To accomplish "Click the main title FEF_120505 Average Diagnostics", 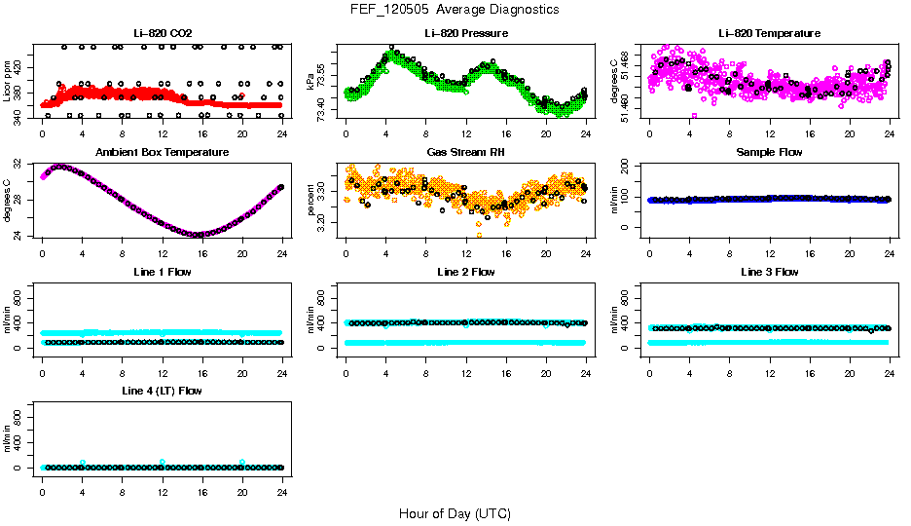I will pyautogui.click(x=455, y=9).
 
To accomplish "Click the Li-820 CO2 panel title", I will pyautogui.click(x=162, y=33).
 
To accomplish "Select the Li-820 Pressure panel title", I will pyautogui.click(x=465, y=33).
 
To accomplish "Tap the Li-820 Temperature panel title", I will pyautogui.click(x=769, y=33).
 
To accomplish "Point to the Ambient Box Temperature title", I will pyautogui.click(x=162, y=152).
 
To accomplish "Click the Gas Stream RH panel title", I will pyautogui.click(x=465, y=152).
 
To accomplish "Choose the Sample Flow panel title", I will pyautogui.click(x=769, y=152).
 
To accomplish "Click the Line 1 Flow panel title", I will pyautogui.click(x=162, y=272).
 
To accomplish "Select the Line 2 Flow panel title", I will pyautogui.click(x=465, y=272).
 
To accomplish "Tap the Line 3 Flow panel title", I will pyautogui.click(x=769, y=272).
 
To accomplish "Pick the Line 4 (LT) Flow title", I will pyautogui.click(x=162, y=391).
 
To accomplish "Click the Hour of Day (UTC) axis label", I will pyautogui.click(x=455, y=513).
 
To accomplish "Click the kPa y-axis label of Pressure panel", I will pyautogui.click(x=311, y=80).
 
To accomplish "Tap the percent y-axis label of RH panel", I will pyautogui.click(x=311, y=199).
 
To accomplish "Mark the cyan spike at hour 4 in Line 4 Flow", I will pyautogui.click(x=83, y=463).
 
